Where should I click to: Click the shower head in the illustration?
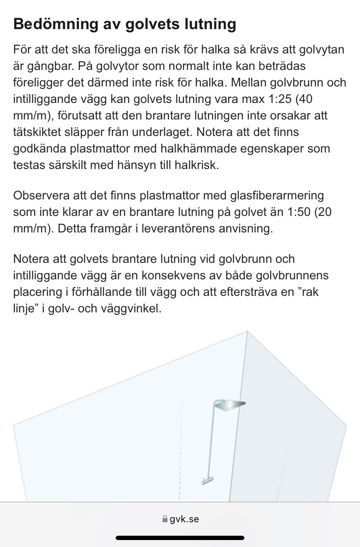pyautogui.click(x=230, y=405)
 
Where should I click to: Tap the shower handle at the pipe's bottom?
pyautogui.click(x=207, y=481)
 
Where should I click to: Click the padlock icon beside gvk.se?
pyautogui.click(x=165, y=519)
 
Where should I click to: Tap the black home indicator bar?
pyautogui.click(x=180, y=537)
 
